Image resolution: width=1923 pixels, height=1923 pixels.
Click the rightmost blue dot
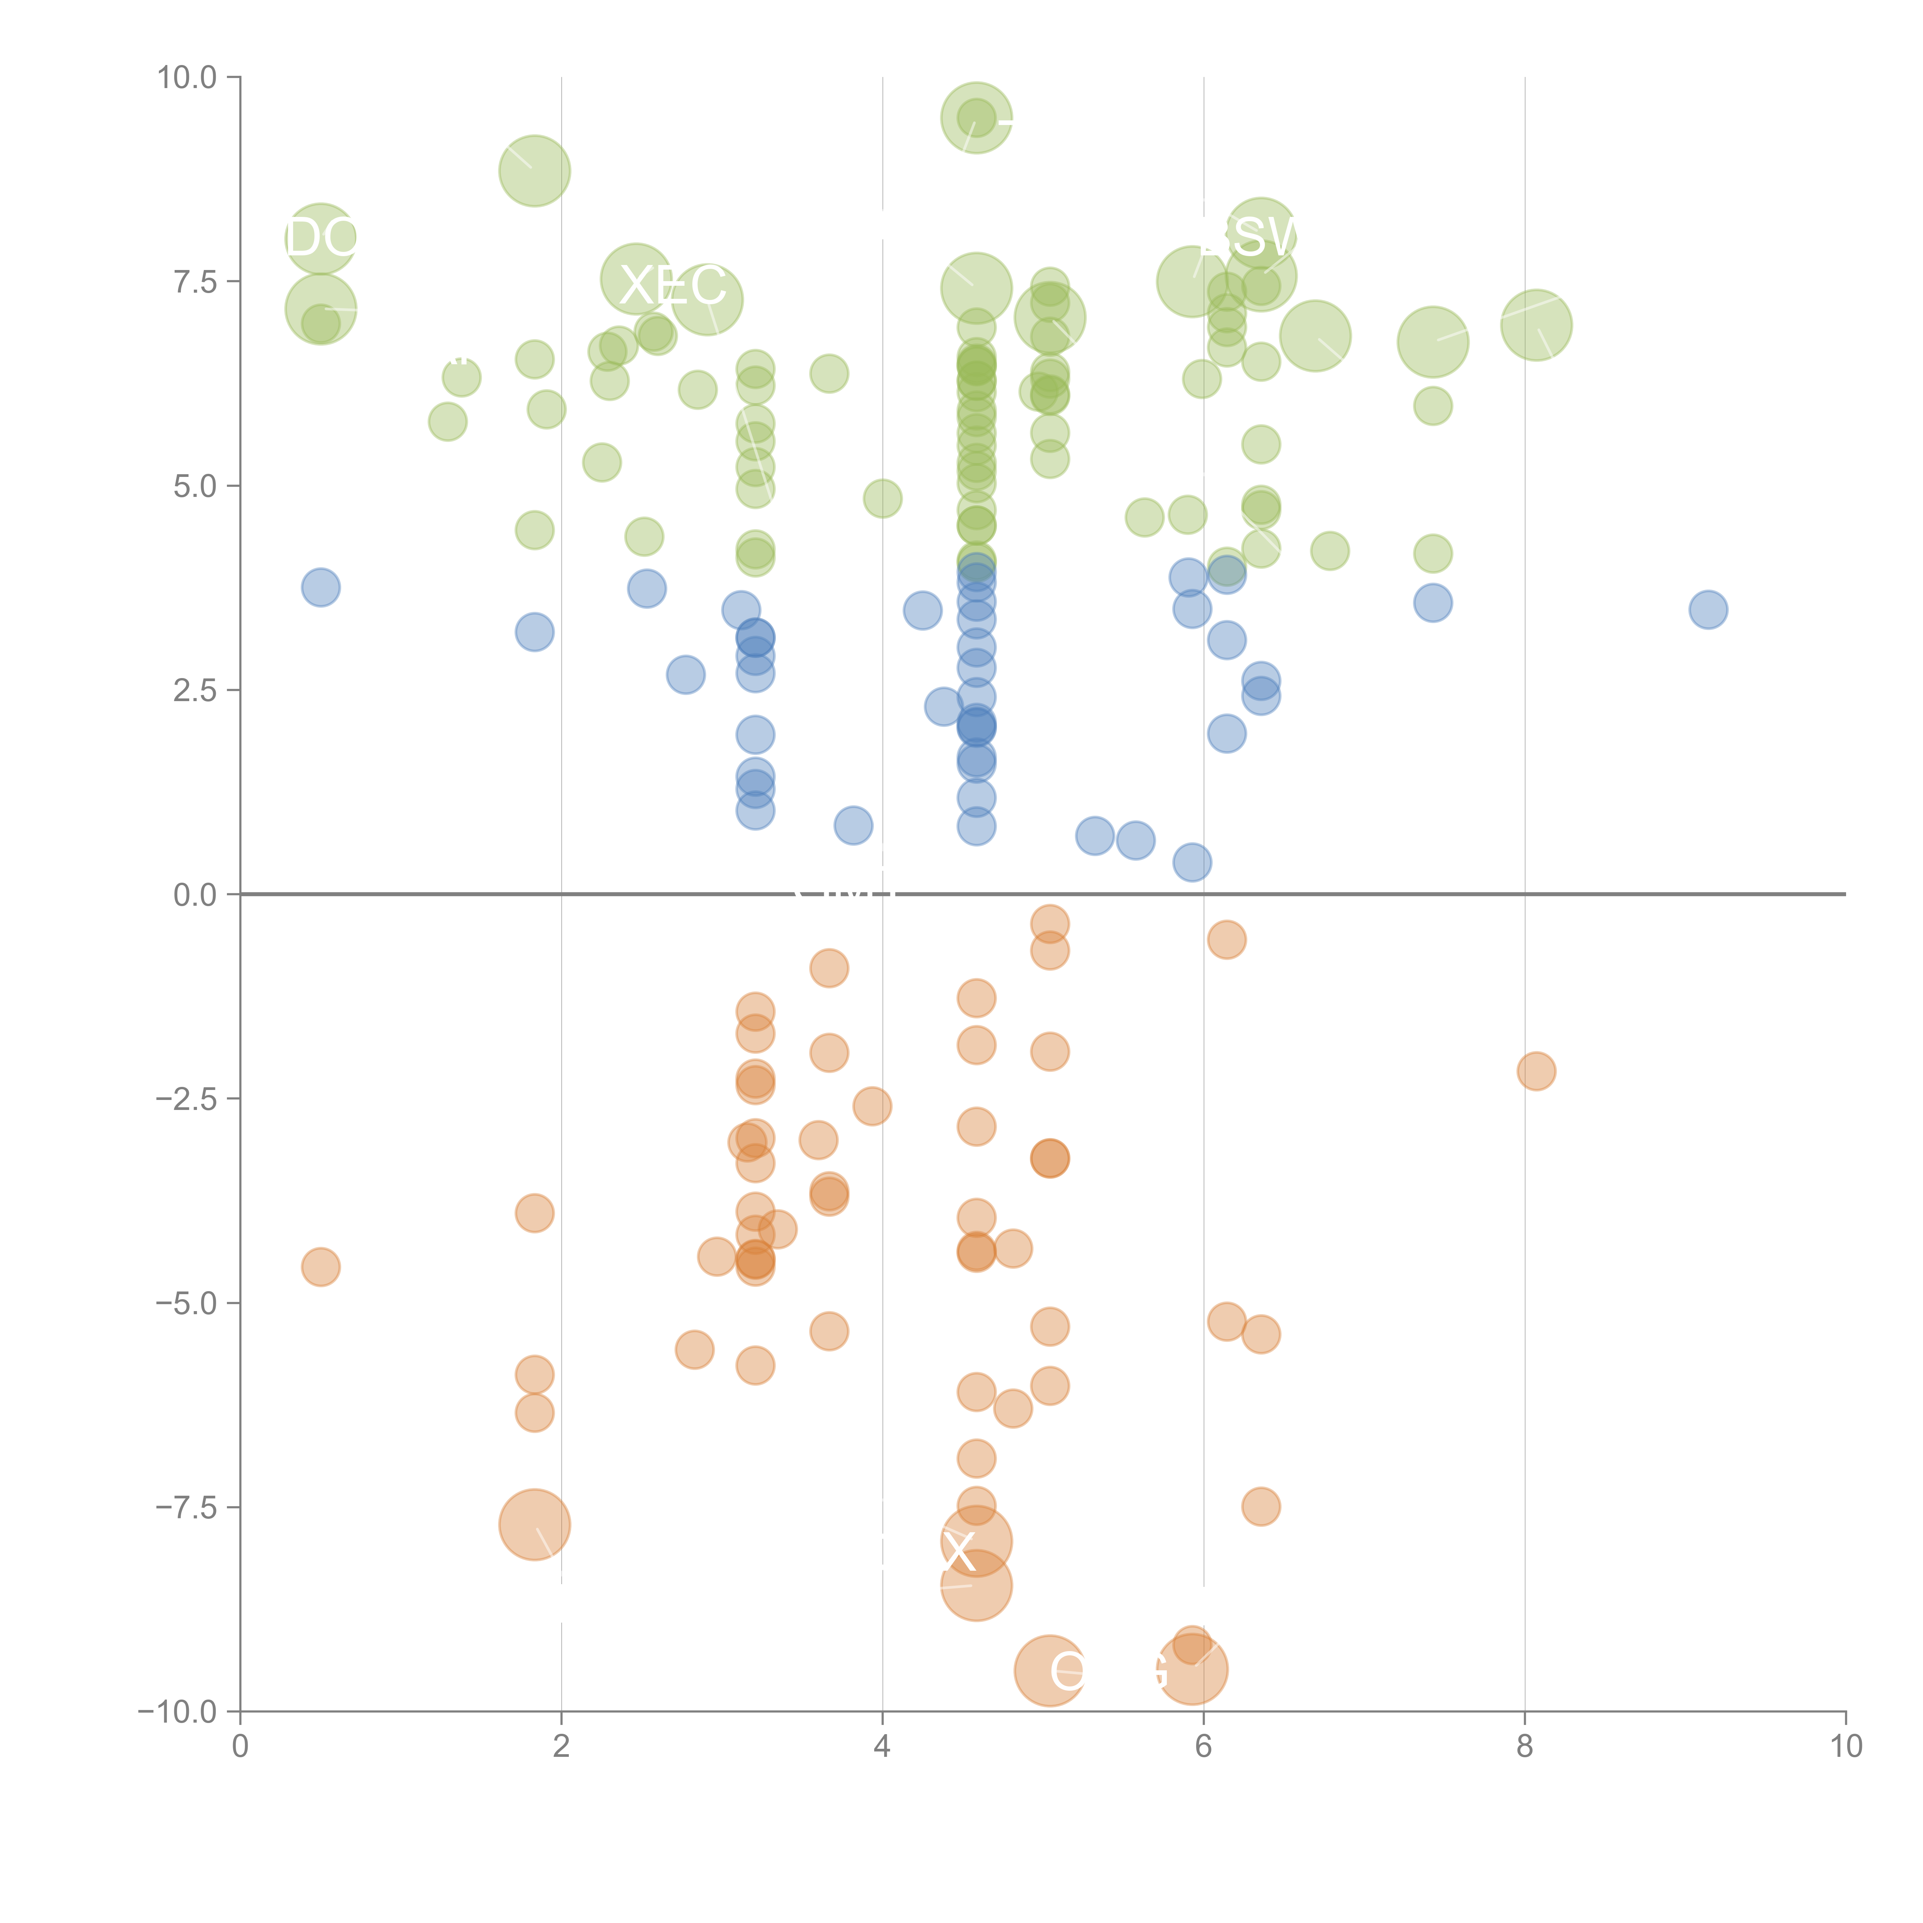1708,609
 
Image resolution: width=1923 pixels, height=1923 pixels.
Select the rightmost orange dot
1536,1071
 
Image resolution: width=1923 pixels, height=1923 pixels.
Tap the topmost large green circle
976,117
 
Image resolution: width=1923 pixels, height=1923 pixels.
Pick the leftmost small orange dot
320,1267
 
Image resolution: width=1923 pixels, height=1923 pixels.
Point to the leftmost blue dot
320,587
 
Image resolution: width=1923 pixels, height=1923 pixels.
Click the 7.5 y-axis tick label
195,282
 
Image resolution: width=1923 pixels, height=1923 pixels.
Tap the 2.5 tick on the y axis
195,690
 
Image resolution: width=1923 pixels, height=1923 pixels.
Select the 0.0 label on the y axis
195,895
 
